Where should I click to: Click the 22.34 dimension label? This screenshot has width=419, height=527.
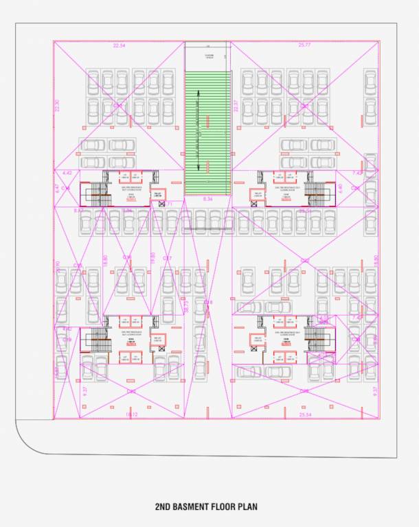point(119,45)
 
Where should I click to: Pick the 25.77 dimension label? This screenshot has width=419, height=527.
point(305,45)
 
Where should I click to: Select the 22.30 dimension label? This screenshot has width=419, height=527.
point(58,106)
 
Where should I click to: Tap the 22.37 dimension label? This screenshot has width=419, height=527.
point(235,106)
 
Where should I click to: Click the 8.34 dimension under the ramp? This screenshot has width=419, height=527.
point(208,198)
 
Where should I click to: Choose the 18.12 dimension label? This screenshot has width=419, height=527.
point(132,414)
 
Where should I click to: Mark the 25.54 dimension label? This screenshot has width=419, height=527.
point(306,414)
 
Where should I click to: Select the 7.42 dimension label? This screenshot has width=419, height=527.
point(357,173)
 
